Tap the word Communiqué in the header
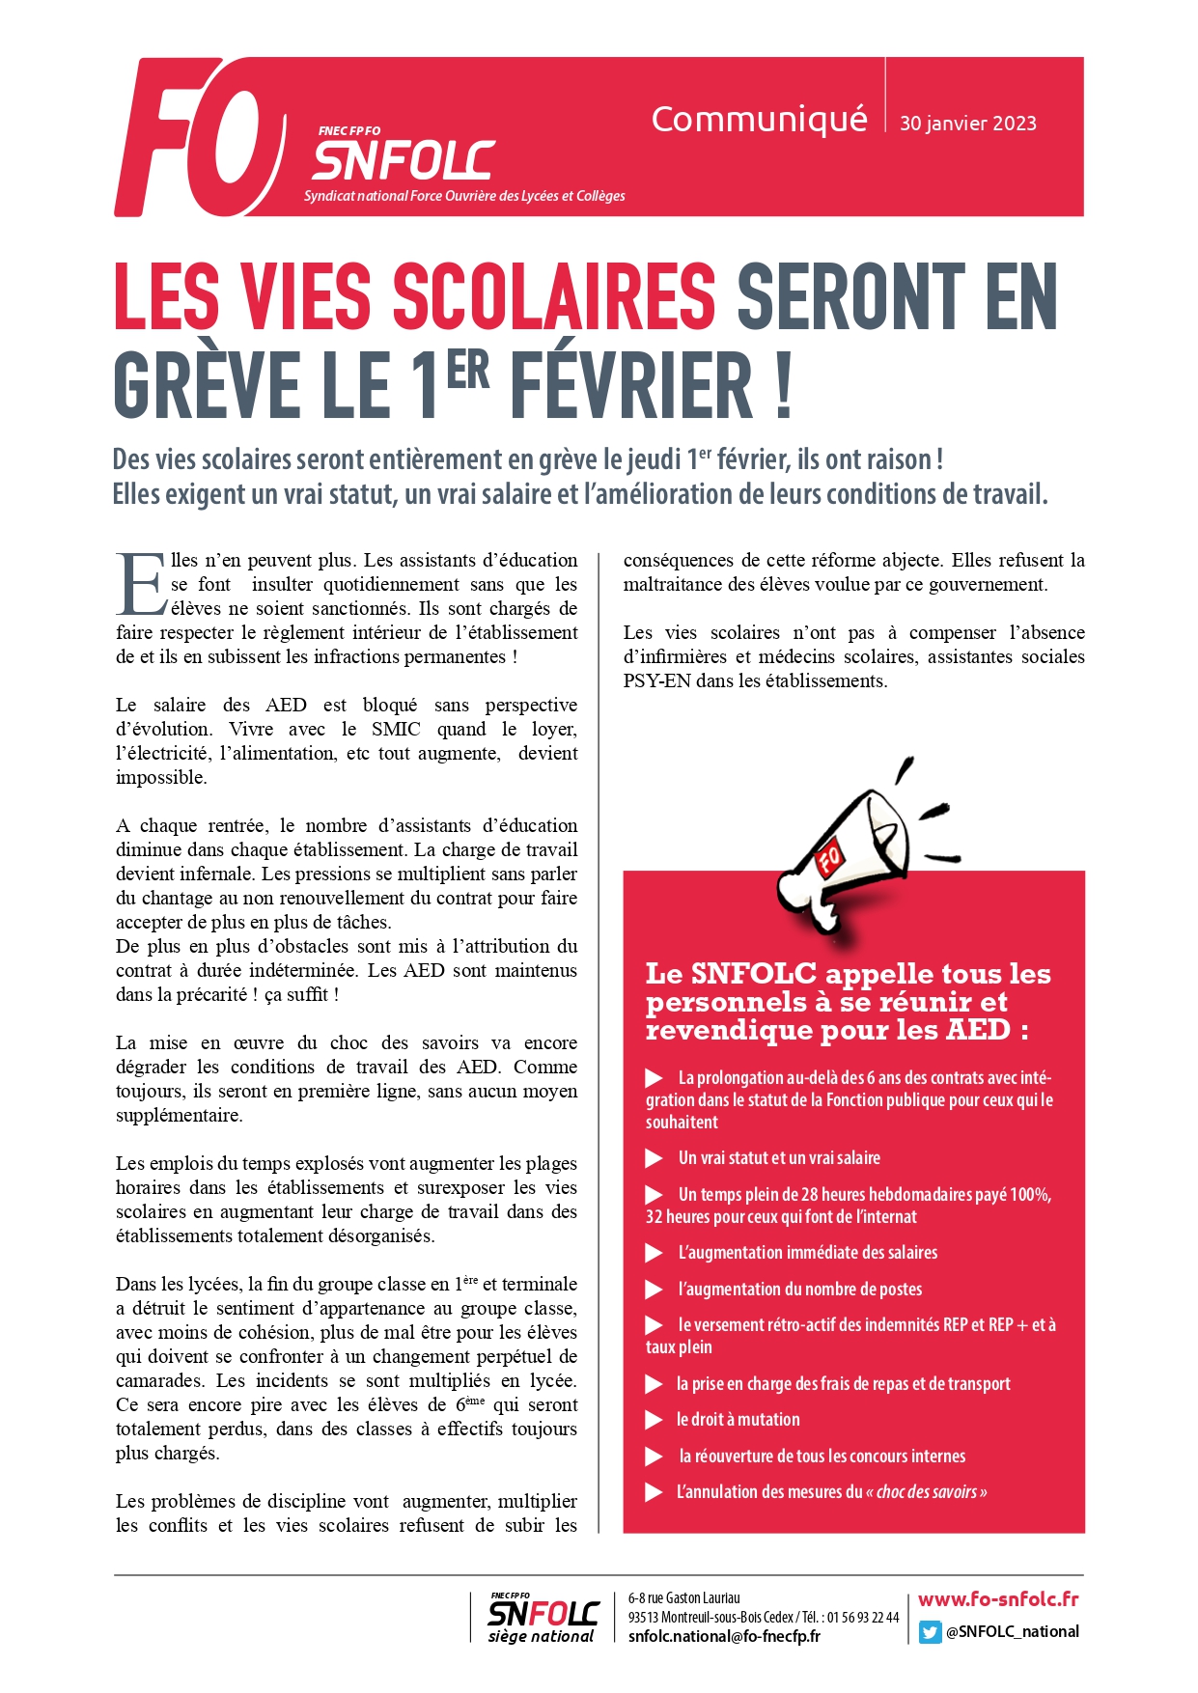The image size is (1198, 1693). pos(759,120)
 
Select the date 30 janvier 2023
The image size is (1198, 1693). pos(967,124)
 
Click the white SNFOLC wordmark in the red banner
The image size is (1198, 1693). pos(404,161)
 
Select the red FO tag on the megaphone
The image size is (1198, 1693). pos(829,856)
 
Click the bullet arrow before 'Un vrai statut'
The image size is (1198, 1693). pos(655,1158)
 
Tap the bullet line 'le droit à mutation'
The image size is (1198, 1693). pos(738,1420)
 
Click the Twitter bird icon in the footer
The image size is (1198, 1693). pos(929,1632)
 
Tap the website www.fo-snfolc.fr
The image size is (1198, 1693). pos(998,1599)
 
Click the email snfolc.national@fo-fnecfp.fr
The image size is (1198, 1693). pos(724,1636)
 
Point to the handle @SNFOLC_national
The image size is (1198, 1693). pos(1012,1632)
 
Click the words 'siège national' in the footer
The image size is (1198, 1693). pos(541,1637)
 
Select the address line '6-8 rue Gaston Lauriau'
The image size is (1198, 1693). pos(683,1598)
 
